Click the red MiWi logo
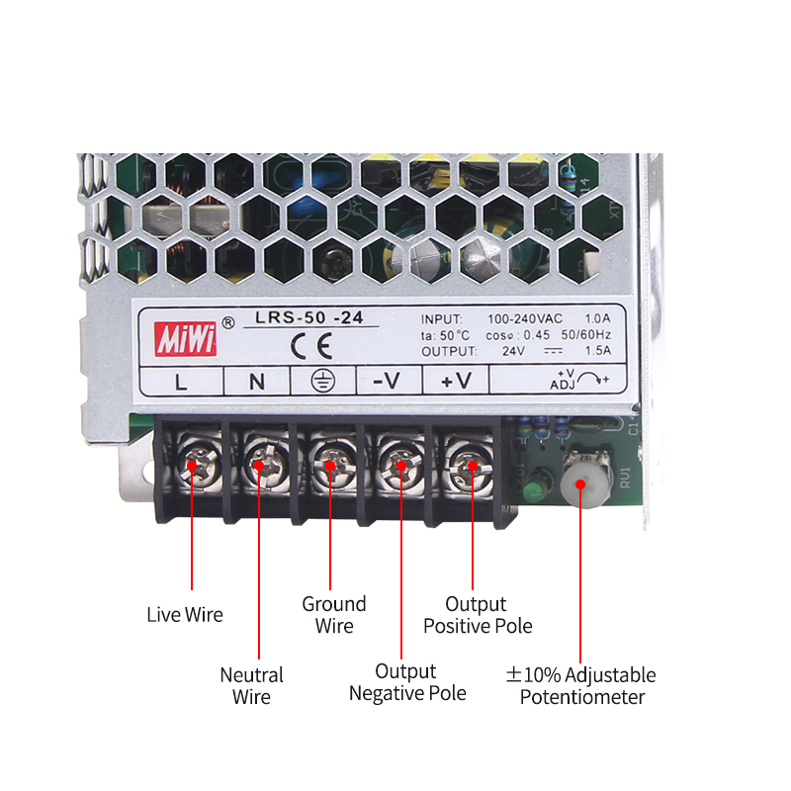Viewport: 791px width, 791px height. coord(186,339)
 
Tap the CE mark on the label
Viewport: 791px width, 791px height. coord(311,346)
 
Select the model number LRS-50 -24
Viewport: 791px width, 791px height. coord(309,317)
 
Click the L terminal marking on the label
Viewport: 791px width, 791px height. coord(181,382)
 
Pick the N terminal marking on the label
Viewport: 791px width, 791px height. coord(257,382)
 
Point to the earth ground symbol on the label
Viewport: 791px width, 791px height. coord(323,381)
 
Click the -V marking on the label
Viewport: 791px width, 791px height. coord(387,381)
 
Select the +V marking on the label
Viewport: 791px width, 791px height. coord(456,381)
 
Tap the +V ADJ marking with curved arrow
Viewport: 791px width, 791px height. coord(579,380)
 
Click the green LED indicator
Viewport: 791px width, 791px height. coord(534,489)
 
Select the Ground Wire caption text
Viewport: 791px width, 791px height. coord(334,615)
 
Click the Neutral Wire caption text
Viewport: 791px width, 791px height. coord(252,686)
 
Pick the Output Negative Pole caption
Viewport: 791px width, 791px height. coord(407,682)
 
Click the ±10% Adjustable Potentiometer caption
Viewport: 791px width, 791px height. coord(581,686)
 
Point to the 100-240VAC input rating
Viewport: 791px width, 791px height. coord(525,318)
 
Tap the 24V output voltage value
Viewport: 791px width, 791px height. coord(513,351)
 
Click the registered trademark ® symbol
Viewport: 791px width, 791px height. coord(228,323)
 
